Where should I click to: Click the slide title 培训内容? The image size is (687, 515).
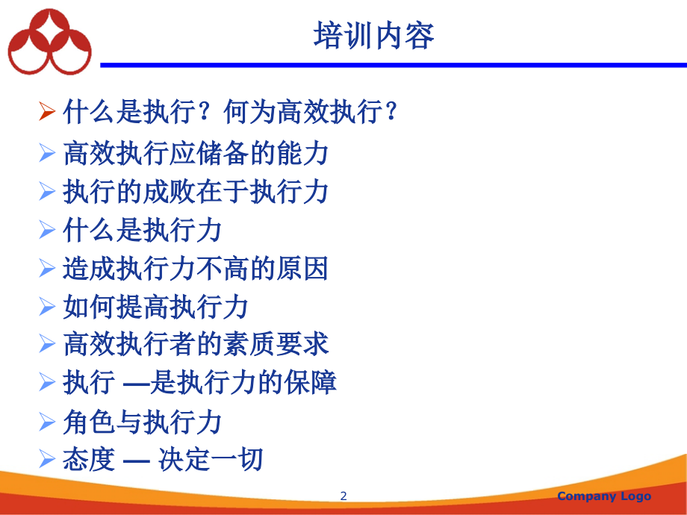[373, 36]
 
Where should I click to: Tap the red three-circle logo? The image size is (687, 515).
[49, 42]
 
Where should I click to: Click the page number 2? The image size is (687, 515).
[343, 496]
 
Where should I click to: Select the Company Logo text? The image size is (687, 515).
[604, 496]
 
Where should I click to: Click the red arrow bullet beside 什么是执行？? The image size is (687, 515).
[47, 110]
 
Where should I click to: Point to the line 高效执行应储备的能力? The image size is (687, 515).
[196, 153]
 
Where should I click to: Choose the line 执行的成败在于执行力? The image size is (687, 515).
[196, 191]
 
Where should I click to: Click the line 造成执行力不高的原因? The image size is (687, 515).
[196, 268]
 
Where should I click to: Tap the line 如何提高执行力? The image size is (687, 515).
[155, 307]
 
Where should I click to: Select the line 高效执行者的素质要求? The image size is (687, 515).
[196, 344]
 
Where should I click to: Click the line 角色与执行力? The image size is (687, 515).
[143, 422]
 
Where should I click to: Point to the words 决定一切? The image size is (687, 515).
[211, 459]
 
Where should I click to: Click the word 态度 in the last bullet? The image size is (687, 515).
[89, 459]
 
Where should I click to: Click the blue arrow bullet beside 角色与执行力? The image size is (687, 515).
[47, 422]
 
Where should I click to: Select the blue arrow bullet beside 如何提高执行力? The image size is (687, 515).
[47, 306]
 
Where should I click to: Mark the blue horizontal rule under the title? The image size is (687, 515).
[394, 65]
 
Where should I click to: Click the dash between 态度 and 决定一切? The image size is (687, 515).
[136, 461]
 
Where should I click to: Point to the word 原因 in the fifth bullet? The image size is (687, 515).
[302, 268]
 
